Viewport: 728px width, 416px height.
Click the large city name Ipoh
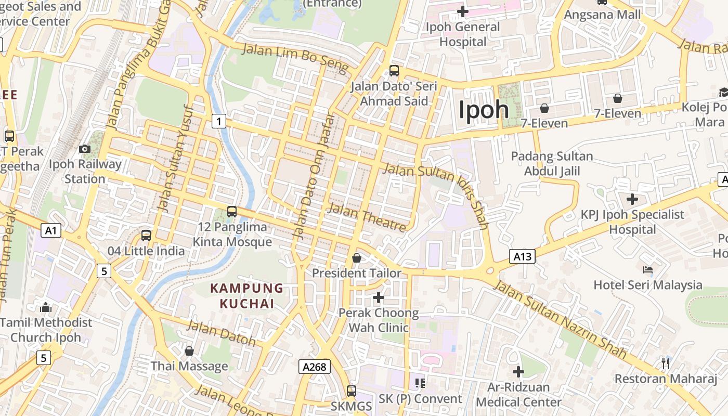click(x=484, y=110)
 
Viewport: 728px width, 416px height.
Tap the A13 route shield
click(x=522, y=256)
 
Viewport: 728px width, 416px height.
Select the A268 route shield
click(x=315, y=367)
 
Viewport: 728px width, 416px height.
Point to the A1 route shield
click(x=51, y=230)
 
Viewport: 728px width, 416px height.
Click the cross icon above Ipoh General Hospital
click(x=462, y=11)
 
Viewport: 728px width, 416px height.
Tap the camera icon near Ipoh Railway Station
click(x=85, y=149)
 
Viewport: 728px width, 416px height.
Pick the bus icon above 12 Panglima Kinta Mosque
click(x=232, y=212)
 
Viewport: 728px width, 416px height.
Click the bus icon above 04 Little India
click(x=146, y=236)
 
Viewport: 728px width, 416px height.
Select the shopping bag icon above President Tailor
click(x=357, y=258)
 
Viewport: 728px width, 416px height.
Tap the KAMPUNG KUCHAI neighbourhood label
click(x=246, y=296)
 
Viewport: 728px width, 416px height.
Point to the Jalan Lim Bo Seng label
click(x=295, y=58)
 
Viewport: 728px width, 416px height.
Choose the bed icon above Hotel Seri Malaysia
click(x=648, y=270)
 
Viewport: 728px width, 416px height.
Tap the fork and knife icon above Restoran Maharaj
click(x=665, y=362)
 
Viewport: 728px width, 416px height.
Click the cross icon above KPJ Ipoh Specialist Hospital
click(x=632, y=199)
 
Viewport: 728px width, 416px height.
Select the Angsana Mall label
click(x=602, y=15)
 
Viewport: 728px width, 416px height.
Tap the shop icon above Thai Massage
click(x=189, y=351)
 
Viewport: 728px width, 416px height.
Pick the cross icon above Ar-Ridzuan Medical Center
click(x=518, y=372)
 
